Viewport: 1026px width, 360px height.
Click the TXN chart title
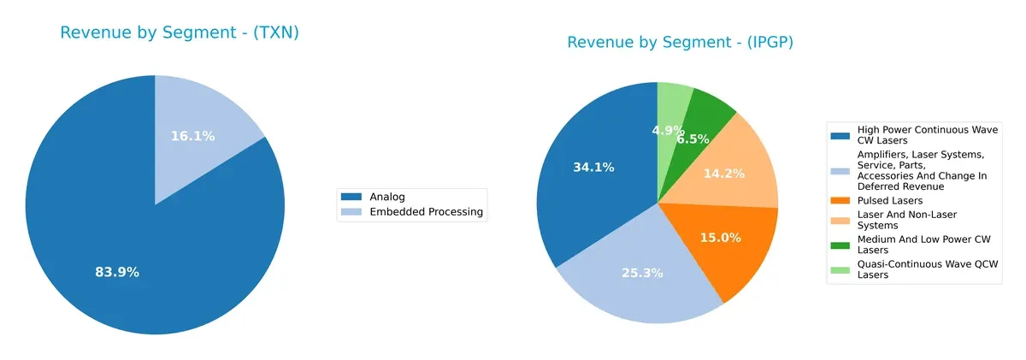click(x=179, y=33)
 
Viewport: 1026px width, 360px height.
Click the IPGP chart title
click(x=680, y=43)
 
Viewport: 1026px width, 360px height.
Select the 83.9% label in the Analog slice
click(x=117, y=272)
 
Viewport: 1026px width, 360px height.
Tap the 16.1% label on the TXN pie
click(x=192, y=136)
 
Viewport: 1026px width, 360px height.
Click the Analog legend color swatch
click(x=352, y=197)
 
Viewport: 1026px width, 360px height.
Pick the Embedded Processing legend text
click(x=426, y=212)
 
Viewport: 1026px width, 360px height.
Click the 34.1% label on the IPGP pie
click(x=593, y=168)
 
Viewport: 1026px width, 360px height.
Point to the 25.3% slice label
click(x=640, y=273)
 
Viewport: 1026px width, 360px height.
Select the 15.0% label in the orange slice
click(x=720, y=238)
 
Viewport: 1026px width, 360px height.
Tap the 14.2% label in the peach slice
click(x=723, y=173)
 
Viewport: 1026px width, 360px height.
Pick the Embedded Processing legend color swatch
click(x=352, y=212)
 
